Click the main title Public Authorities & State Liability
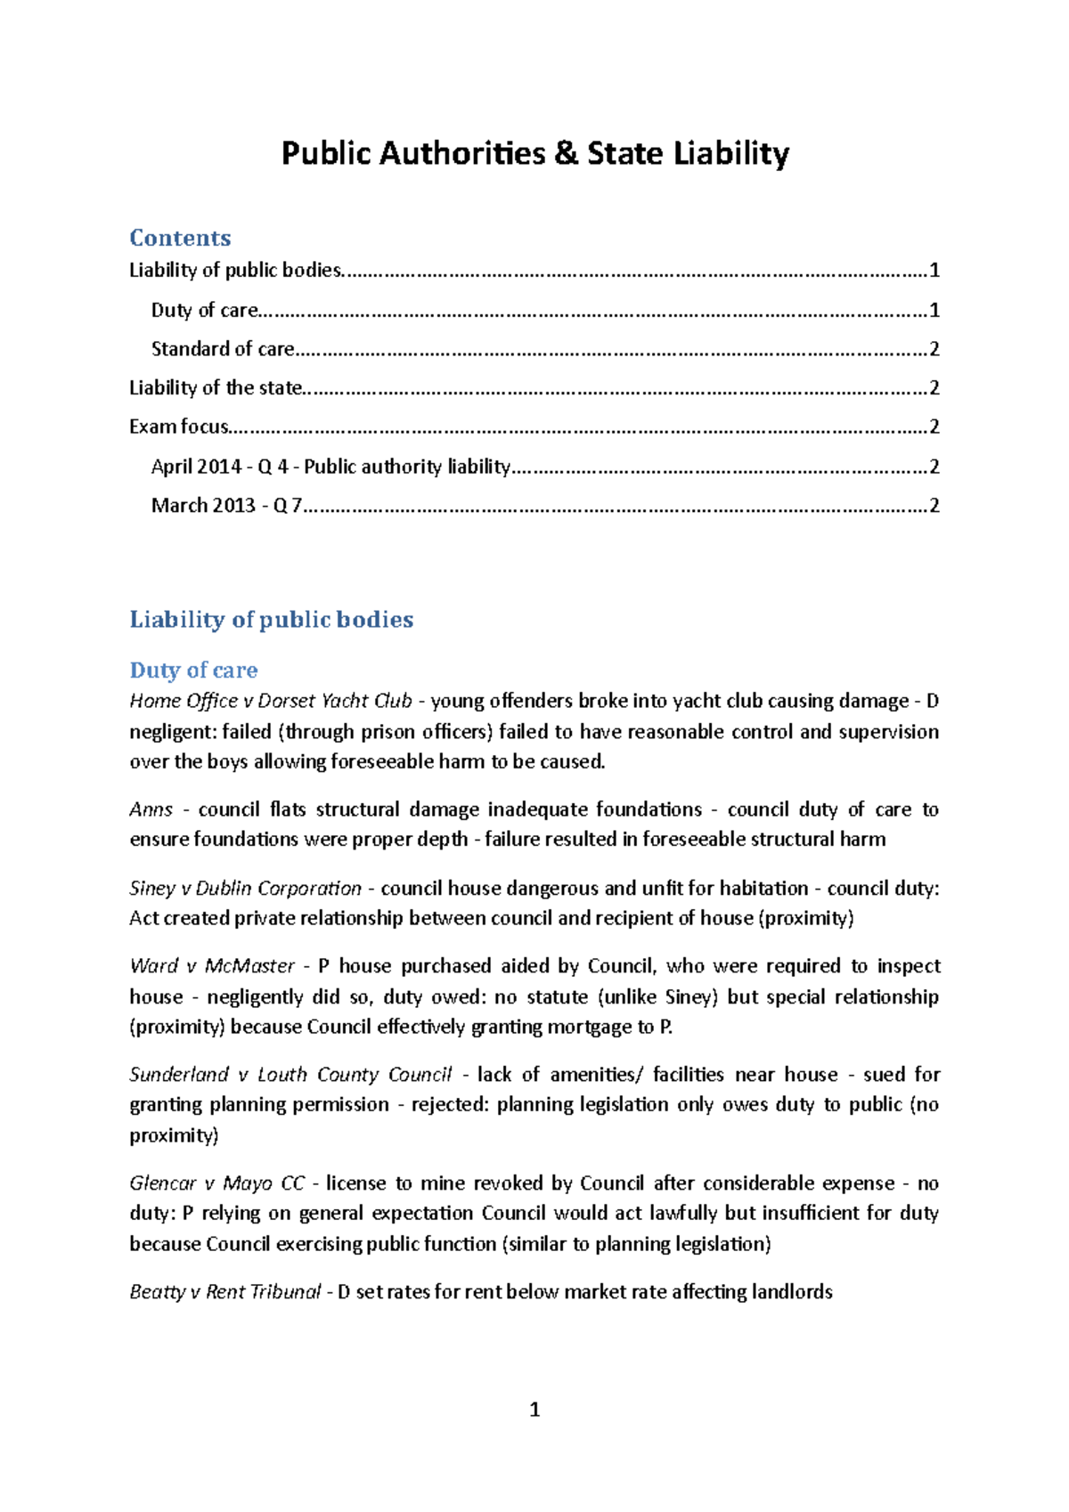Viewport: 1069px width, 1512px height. coord(534,153)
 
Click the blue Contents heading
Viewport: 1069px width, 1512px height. coord(180,238)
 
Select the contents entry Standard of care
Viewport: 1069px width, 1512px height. coord(223,349)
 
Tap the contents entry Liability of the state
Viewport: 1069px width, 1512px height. coord(216,388)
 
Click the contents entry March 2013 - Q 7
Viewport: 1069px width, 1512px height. coord(226,506)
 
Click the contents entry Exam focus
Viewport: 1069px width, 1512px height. coord(178,427)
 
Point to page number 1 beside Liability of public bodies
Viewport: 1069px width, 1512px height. coord(934,271)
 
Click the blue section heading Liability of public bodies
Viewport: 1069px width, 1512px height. coord(271,620)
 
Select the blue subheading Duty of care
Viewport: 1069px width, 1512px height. coord(193,670)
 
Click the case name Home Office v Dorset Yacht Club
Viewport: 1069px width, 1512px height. coord(271,702)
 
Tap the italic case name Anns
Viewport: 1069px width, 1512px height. coord(151,810)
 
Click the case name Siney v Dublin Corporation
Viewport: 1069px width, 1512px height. coord(245,889)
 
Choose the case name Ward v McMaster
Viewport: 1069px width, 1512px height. coord(212,966)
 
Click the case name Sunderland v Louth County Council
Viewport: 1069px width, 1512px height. coord(290,1075)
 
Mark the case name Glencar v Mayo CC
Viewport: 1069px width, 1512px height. coord(216,1183)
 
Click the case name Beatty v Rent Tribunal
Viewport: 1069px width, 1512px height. coord(224,1292)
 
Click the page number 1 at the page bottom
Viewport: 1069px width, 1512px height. coord(534,1410)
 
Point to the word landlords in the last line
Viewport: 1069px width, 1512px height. coord(791,1292)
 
